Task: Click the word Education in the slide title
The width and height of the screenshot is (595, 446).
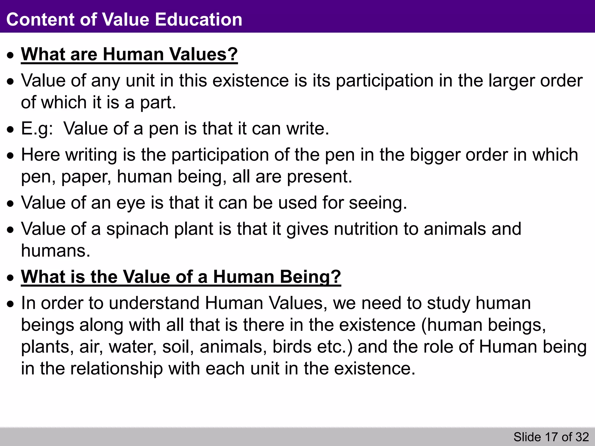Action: pyautogui.click(x=198, y=19)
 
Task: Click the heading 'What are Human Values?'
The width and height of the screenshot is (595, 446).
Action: pyautogui.click(x=129, y=54)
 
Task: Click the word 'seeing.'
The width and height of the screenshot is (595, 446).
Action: pyautogui.click(x=378, y=203)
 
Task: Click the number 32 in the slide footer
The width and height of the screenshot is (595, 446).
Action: pyautogui.click(x=582, y=437)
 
